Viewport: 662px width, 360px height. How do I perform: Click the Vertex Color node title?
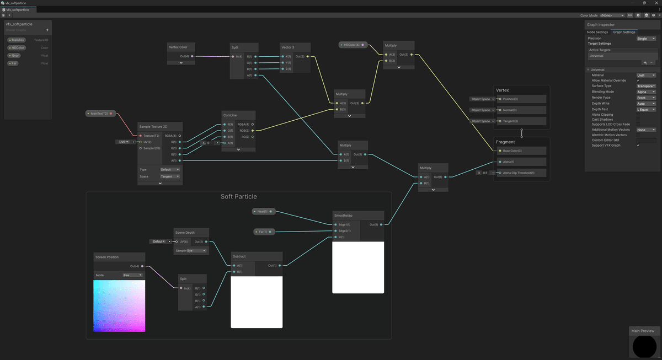point(178,47)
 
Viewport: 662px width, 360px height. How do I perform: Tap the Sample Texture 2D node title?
point(153,127)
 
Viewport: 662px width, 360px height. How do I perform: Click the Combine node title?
point(230,115)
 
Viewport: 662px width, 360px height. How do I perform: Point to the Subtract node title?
point(239,256)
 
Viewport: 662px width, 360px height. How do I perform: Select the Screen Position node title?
point(108,257)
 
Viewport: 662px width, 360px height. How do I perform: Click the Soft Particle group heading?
point(238,197)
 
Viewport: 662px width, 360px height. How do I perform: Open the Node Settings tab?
point(597,32)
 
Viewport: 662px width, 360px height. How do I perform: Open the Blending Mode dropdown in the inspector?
point(646,92)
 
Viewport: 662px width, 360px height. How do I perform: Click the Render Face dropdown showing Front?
point(646,98)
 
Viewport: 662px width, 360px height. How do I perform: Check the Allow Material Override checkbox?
point(638,80)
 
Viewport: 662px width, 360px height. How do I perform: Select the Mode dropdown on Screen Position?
point(132,275)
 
